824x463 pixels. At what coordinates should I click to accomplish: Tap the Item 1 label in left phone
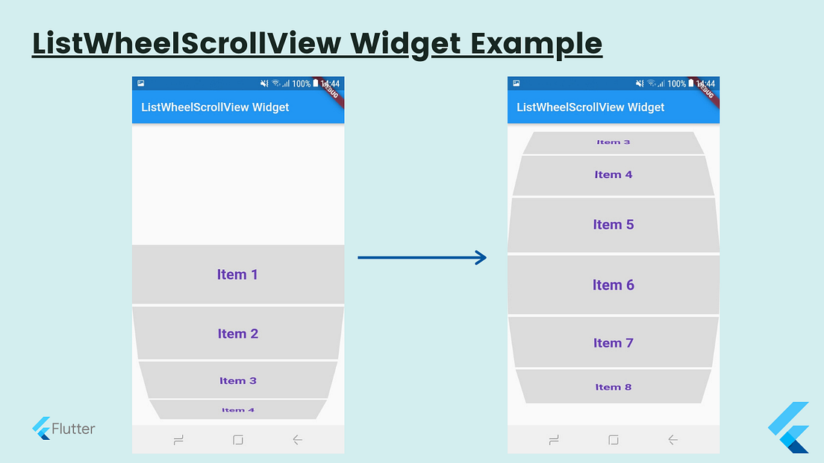coord(237,274)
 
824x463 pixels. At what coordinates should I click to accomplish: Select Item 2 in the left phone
coord(237,333)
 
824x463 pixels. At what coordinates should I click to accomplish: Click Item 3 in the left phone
coord(237,380)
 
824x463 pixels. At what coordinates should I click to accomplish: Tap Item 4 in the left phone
coord(237,409)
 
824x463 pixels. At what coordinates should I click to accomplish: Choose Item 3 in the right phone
coord(613,142)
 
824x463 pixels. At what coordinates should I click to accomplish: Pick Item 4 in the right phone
coord(613,174)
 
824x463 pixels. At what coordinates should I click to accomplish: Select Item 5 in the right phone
coord(613,224)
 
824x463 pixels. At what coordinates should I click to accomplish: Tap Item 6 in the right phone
coord(613,285)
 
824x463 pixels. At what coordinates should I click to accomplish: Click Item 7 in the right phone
coord(613,343)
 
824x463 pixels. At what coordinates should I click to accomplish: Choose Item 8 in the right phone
coord(613,387)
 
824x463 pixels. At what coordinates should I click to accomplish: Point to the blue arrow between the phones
coord(422,258)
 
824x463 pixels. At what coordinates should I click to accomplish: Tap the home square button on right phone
coord(613,440)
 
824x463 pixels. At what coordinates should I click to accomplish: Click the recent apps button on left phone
coord(178,440)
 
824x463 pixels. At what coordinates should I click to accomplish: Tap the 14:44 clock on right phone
coord(705,84)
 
